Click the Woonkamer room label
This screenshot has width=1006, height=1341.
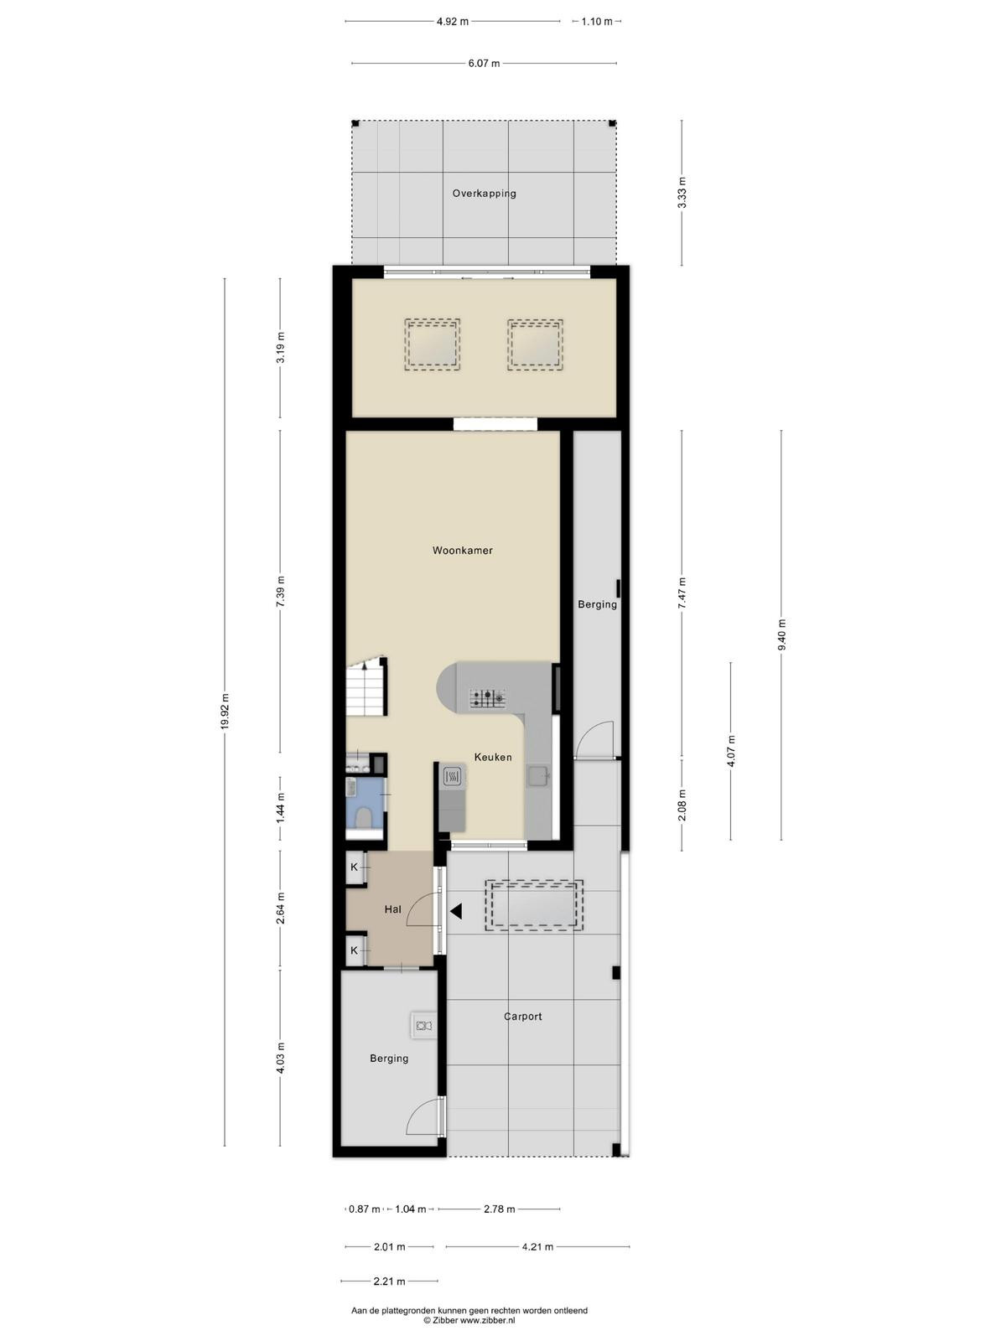coord(463,551)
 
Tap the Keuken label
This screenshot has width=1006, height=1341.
coord(493,757)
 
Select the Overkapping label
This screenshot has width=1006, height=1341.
coord(485,194)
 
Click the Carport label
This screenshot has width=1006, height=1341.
coord(523,1017)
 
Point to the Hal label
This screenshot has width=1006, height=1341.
coord(392,909)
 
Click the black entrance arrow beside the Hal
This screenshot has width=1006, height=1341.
coord(456,912)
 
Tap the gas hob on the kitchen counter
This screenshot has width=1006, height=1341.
coord(487,698)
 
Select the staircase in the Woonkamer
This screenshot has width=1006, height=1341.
coord(366,686)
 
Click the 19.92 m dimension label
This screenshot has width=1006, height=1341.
coord(226,711)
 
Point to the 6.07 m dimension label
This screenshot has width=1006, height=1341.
coord(485,63)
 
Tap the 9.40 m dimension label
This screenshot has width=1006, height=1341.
coord(782,635)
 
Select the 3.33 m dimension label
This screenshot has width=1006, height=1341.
coord(682,193)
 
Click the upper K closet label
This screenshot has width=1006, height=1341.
coord(354,867)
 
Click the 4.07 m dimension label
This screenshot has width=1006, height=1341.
coord(731,752)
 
